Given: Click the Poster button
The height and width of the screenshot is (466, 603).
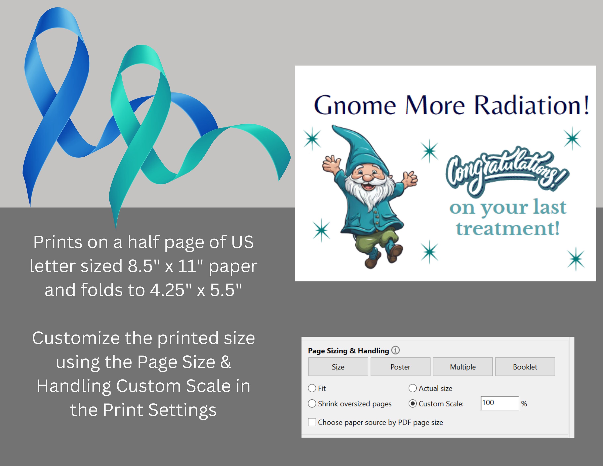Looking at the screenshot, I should point(400,367).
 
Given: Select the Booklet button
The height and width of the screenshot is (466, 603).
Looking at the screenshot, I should point(525,367).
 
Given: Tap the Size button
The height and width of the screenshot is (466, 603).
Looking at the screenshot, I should point(338,367).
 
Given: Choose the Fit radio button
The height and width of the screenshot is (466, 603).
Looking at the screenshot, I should point(312,388).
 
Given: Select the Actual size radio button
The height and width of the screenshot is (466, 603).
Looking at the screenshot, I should point(412,388).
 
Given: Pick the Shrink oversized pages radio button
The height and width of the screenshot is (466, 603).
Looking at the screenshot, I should point(312,404).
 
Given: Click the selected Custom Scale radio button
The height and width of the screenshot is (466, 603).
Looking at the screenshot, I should point(412,404).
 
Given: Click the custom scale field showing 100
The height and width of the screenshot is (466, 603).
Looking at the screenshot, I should point(499,403).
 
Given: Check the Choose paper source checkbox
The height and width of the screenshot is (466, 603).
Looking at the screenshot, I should point(312,422).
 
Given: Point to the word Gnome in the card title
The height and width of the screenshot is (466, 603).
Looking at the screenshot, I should point(355,106).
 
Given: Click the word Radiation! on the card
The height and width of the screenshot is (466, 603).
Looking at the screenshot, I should point(531,106).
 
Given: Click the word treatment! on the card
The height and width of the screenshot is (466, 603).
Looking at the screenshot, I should point(508,229).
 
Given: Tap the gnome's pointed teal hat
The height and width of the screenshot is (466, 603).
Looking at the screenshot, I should point(356,149).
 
